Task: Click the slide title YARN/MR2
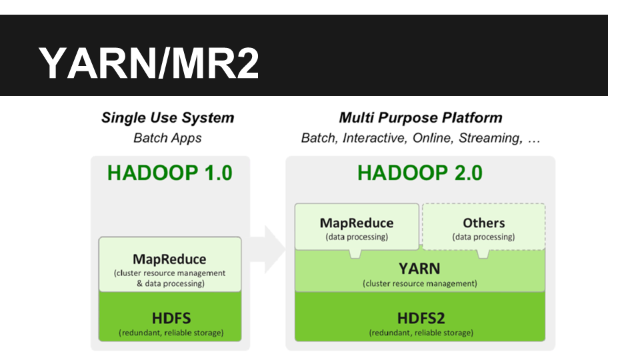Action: (x=149, y=63)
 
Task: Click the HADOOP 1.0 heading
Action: (x=170, y=173)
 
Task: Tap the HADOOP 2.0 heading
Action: (x=420, y=173)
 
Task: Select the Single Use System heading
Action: (x=168, y=117)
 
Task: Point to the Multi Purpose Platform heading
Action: (x=421, y=117)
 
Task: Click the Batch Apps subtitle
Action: (x=167, y=138)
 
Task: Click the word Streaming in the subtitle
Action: (x=491, y=138)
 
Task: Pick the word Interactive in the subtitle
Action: (x=375, y=138)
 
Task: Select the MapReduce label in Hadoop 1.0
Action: (x=169, y=259)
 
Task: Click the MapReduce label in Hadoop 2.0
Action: (x=357, y=223)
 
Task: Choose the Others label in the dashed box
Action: (x=484, y=223)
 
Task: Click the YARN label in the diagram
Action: (x=419, y=269)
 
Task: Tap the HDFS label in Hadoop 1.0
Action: (x=171, y=318)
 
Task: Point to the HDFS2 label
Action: (x=421, y=318)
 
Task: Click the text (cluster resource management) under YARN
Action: (x=420, y=283)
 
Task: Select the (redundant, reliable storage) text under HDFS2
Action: (x=421, y=333)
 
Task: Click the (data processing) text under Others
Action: (x=484, y=237)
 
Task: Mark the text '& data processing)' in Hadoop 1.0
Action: (x=171, y=283)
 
